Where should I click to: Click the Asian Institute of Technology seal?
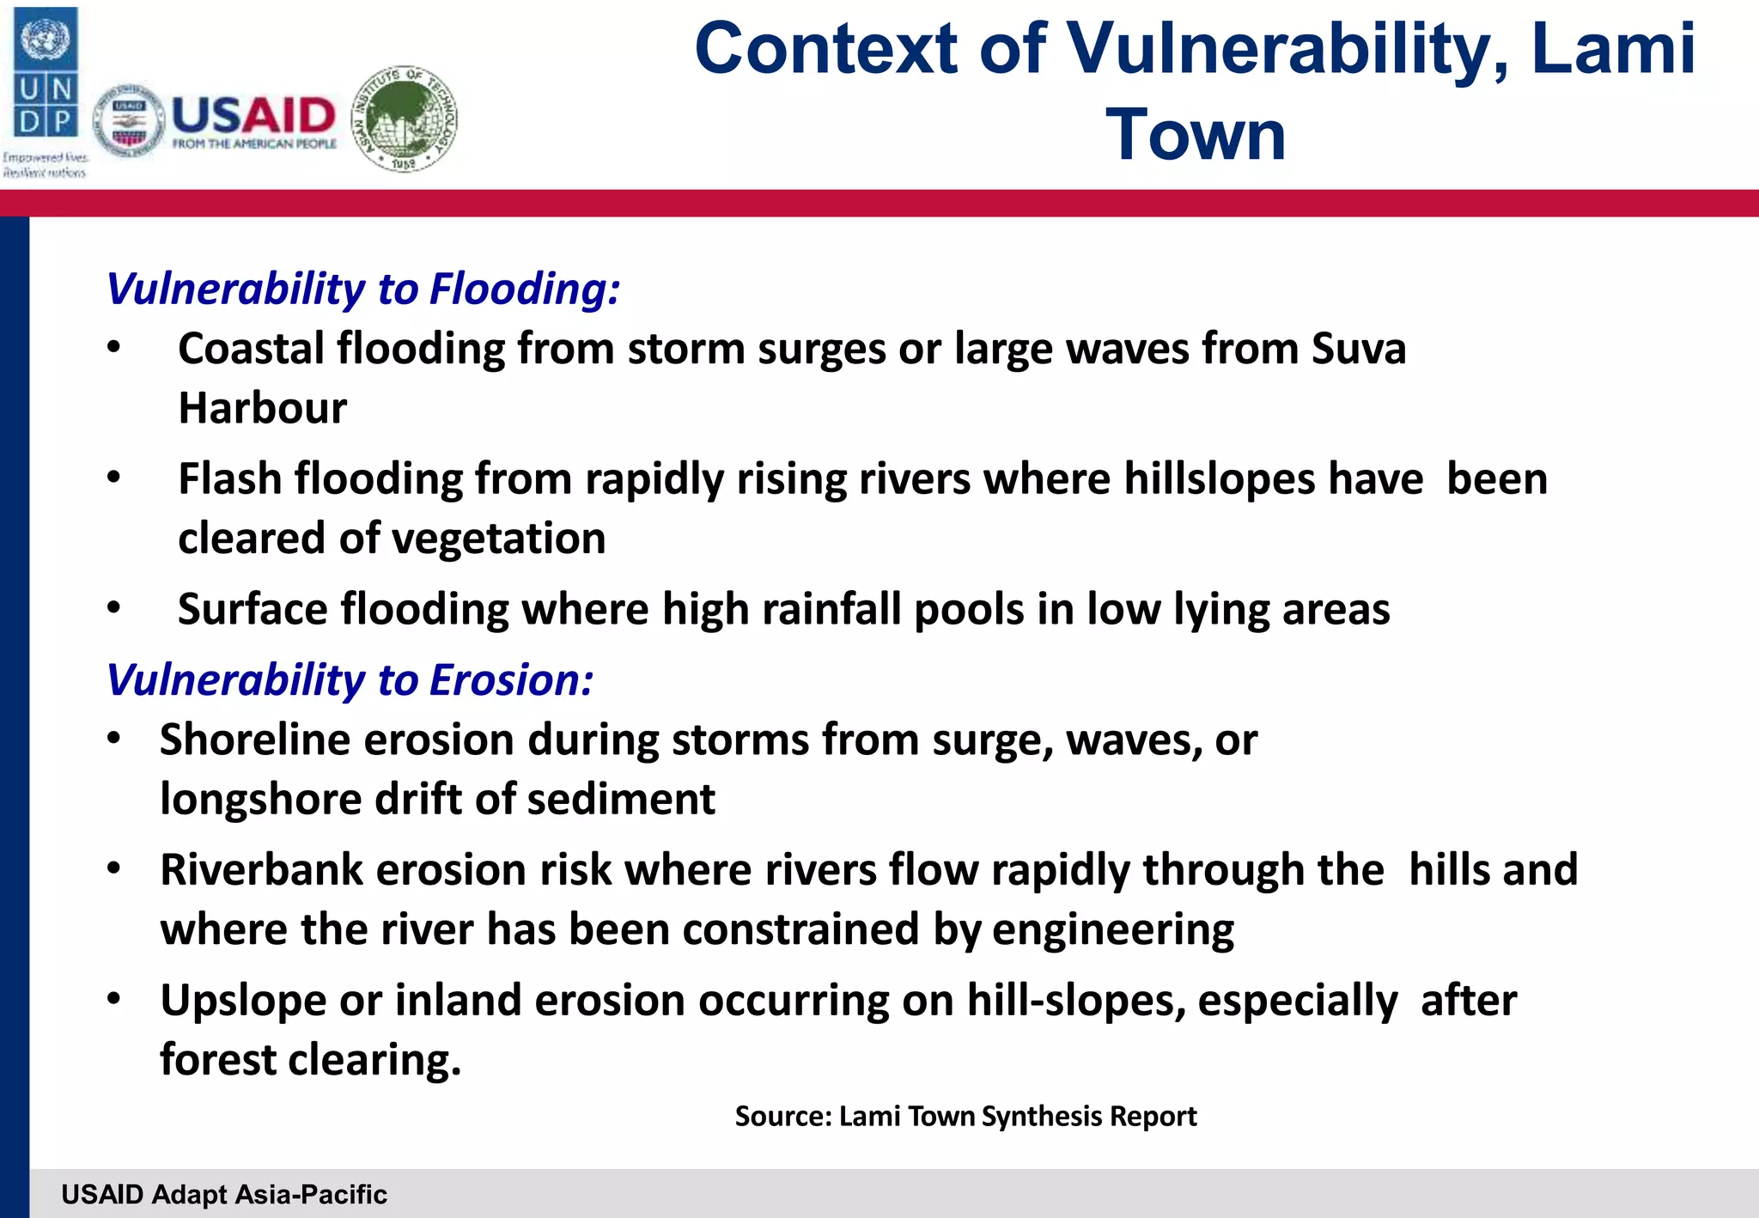(x=405, y=119)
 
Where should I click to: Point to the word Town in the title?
(x=1195, y=135)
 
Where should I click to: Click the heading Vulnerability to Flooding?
(x=362, y=289)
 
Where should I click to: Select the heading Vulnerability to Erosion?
(x=350, y=680)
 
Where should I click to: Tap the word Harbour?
(x=262, y=408)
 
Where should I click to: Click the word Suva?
(x=1359, y=349)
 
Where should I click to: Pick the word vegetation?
(x=498, y=539)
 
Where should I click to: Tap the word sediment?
(x=620, y=800)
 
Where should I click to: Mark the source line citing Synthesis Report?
(x=965, y=1116)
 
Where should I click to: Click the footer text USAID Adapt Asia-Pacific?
(x=224, y=1194)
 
